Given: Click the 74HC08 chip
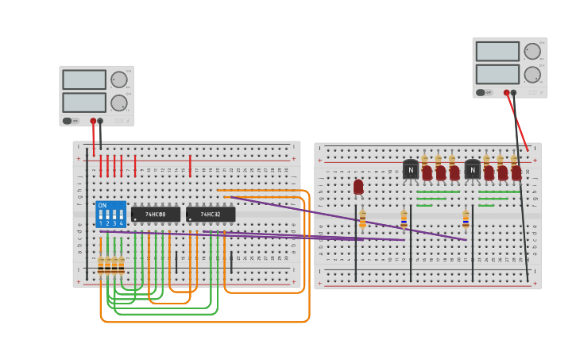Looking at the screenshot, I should coord(156,215).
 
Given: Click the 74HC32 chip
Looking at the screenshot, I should coord(211,215).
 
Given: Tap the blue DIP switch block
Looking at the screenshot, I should coord(110,215).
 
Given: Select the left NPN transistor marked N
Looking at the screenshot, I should coord(410,169).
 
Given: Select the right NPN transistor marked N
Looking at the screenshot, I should coord(472,169).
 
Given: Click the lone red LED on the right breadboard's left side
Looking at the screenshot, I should coord(358,186).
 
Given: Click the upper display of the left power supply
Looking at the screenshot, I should coord(84,79).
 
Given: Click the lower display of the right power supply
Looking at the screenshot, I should coord(497,74).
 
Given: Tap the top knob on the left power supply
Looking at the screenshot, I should coord(118,79).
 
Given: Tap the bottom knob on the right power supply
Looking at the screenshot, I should coord(532,75).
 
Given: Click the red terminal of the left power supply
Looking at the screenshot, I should coord(93,122).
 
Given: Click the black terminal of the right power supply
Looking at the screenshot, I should coord(513,93).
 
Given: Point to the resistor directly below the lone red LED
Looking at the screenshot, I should coord(362,218).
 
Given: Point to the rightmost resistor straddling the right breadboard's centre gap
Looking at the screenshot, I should coord(466,218).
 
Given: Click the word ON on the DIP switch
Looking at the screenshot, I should coord(102,206).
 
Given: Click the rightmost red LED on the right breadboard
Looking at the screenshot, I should coord(516,172).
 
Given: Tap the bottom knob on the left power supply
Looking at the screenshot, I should coord(118,103).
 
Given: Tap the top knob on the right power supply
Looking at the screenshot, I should coord(532,51).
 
